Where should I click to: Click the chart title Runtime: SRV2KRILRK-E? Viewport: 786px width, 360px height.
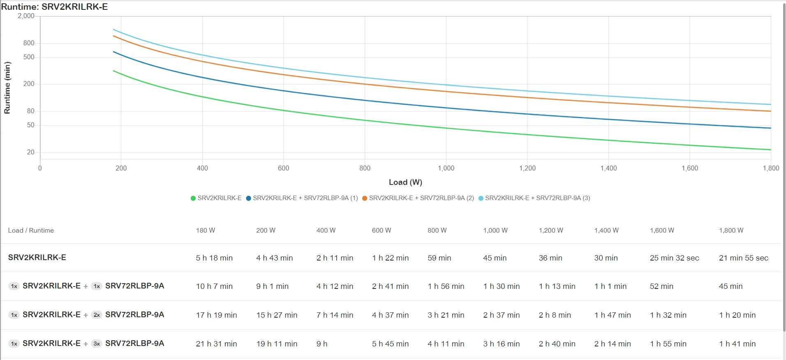coord(54,7)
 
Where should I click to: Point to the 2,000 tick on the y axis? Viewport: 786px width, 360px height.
coord(26,16)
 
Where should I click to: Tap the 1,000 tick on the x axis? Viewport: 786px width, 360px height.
coord(446,168)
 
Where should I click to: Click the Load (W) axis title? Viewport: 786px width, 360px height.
coord(405,182)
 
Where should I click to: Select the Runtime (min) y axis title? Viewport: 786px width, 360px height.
coord(7,88)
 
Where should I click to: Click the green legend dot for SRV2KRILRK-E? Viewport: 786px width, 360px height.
coord(193,198)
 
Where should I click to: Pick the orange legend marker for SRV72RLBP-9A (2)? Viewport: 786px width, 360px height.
coord(365,198)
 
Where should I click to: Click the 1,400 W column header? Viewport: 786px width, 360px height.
coord(606,231)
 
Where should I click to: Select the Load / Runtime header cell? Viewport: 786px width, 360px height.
coord(31,231)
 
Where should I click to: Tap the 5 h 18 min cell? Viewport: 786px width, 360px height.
coord(214,258)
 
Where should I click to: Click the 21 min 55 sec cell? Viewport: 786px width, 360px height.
coord(743,258)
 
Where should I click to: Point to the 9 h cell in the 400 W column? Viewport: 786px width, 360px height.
coord(322,344)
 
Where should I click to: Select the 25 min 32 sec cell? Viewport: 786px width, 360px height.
coord(674,258)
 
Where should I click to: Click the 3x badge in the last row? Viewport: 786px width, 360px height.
coord(97,344)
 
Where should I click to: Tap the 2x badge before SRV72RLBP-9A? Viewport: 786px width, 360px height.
coord(97,315)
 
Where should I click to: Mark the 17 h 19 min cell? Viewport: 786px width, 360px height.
coord(216,315)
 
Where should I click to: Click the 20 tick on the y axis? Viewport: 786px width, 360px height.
coord(31,152)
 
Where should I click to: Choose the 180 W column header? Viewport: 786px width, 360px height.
coord(206,231)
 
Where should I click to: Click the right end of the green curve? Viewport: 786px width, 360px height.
coord(770,150)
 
